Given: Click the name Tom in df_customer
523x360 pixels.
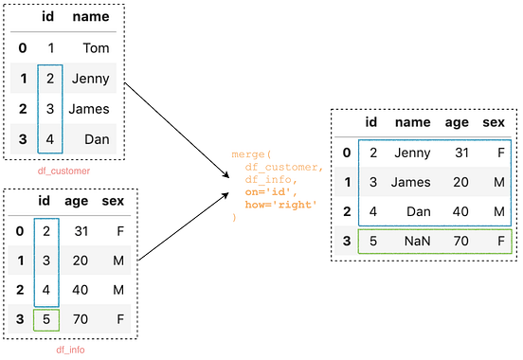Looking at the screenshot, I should pos(96,47).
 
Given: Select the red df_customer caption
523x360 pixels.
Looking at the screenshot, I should pos(63,171).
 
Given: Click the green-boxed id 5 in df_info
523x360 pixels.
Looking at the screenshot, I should pos(46,319).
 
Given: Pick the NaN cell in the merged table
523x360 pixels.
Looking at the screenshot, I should pos(417,241).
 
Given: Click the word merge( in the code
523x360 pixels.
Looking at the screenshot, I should pos(251,153).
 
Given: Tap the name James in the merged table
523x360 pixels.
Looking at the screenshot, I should pos(412,182).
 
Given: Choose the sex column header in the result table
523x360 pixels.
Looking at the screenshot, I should pos(493,122).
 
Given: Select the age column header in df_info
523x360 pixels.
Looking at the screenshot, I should pos(77,200).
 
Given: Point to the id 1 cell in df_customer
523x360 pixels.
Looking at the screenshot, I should pos(50,47).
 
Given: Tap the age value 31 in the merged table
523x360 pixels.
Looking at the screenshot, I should pos(462,153).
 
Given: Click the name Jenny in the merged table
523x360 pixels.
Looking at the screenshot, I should pos(412,153).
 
